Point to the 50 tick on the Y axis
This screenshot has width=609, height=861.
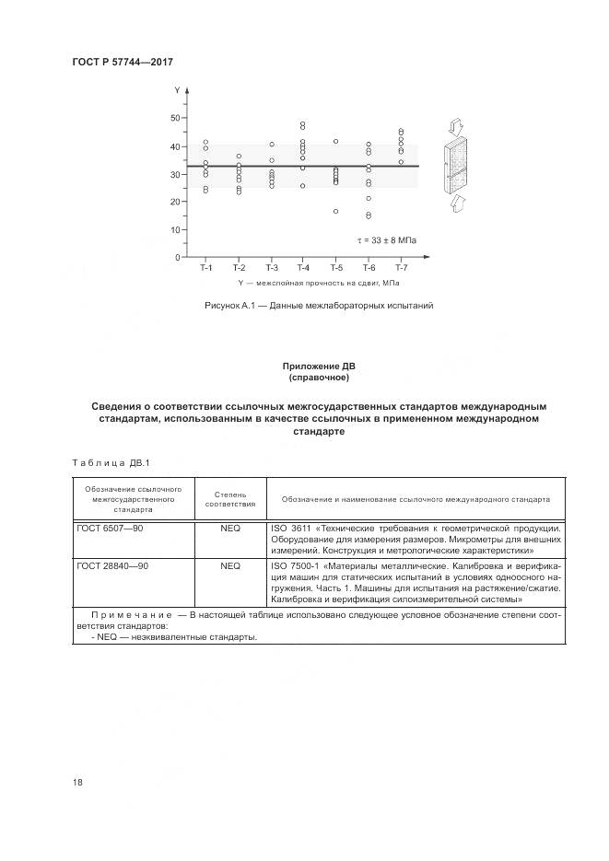coord(175,118)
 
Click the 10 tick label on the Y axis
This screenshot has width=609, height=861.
coord(175,230)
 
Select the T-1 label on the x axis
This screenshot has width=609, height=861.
coord(206,268)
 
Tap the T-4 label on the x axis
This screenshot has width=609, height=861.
coord(302,268)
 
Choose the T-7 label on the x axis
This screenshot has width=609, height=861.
coord(401,268)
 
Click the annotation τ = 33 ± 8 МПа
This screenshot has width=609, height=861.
coord(387,240)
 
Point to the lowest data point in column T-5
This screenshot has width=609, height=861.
coord(335,212)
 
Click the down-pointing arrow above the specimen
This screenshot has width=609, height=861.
coord(456,125)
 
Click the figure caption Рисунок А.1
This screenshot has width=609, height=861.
coord(318,305)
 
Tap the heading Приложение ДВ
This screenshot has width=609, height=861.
coord(318,367)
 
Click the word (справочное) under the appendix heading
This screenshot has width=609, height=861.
coord(318,378)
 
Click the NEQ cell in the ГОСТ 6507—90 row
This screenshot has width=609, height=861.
coord(229,528)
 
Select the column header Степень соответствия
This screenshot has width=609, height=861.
coord(229,498)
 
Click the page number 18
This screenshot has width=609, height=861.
coord(77,783)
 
